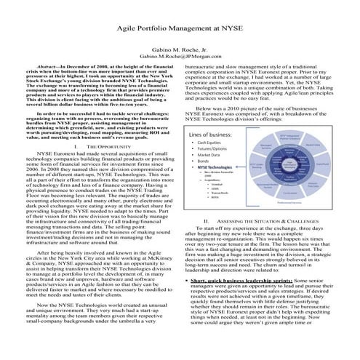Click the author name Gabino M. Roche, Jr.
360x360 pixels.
tap(180, 45)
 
